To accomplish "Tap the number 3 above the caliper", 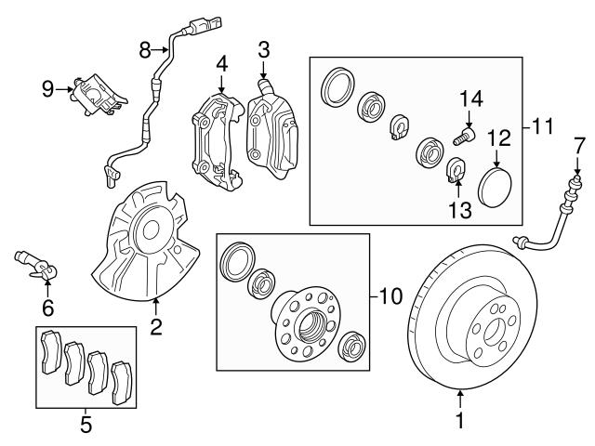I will [x=264, y=48].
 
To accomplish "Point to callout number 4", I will [x=221, y=64].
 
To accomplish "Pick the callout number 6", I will [x=47, y=307].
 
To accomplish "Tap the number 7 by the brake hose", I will [x=578, y=144].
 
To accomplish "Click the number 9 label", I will [x=48, y=88].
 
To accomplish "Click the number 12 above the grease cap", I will [x=499, y=138].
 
